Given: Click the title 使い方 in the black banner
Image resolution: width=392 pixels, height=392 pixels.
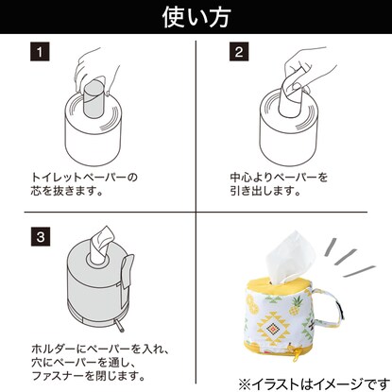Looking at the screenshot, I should (x=196, y=16).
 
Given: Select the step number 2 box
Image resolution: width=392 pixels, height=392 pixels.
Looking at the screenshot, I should (x=238, y=53).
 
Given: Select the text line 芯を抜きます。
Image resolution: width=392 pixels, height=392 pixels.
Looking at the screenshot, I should (x=65, y=193).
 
